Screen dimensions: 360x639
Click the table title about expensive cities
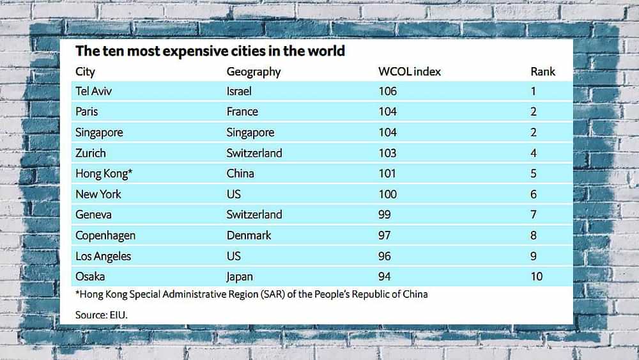click(210, 51)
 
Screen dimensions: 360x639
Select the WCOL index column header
click(410, 71)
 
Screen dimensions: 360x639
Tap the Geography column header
click(254, 71)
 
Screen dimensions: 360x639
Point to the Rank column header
click(543, 71)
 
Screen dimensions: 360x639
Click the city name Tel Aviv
click(93, 91)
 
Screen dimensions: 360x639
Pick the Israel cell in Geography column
click(239, 91)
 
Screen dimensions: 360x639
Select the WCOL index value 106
click(387, 91)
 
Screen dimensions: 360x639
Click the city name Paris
click(87, 111)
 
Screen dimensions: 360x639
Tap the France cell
click(242, 111)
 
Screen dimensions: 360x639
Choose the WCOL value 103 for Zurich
click(387, 153)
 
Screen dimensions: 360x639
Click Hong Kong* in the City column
click(104, 173)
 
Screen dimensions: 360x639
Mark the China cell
click(240, 173)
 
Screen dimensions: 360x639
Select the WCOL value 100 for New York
click(387, 194)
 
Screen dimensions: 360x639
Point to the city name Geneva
click(93, 214)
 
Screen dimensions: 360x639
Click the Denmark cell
click(249, 235)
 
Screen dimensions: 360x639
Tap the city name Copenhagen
click(105, 235)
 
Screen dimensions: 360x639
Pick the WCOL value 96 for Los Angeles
click(385, 256)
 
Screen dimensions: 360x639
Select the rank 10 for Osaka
click(536, 276)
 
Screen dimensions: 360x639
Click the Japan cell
click(240, 276)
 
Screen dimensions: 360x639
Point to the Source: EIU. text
click(106, 314)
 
